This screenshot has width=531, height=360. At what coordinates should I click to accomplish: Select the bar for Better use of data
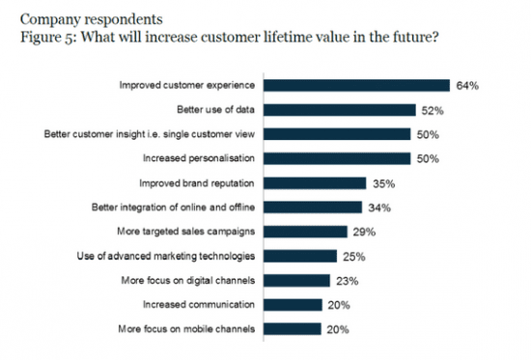click(339, 109)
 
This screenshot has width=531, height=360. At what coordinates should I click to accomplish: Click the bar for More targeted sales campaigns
click(304, 231)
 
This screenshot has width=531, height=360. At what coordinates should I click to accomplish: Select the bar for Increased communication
click(292, 304)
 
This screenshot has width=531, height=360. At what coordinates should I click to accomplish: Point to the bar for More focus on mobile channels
click(292, 328)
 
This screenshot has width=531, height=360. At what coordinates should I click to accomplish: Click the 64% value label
click(468, 85)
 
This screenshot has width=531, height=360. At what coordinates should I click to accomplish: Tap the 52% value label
click(433, 109)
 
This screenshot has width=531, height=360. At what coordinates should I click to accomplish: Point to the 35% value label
click(383, 182)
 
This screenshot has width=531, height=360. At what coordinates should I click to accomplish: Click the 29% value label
click(363, 231)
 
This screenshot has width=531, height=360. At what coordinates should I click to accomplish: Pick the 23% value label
click(347, 280)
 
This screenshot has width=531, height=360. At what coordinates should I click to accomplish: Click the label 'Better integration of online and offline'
click(174, 207)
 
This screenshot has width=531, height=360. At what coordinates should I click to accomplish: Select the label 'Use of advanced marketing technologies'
click(166, 256)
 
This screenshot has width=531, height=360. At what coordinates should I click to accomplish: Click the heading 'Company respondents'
click(70, 17)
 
